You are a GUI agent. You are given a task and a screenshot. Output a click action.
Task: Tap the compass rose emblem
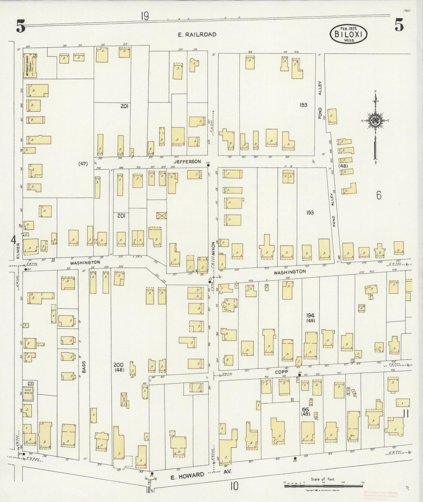[x=375, y=120]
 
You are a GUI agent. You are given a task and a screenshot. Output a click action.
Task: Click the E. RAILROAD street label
[x=197, y=35]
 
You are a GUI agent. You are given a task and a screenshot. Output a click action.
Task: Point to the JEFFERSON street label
[x=191, y=162]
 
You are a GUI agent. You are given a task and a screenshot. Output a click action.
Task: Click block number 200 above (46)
[x=118, y=365]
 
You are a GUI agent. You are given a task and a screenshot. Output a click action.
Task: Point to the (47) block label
[x=83, y=164]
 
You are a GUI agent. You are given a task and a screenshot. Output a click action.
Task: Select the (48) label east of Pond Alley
[x=343, y=166]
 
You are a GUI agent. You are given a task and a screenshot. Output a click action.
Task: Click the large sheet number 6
[x=379, y=195]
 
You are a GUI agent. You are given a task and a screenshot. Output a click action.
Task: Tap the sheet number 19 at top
[x=145, y=17]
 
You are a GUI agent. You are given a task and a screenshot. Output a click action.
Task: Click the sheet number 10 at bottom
[x=234, y=486]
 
